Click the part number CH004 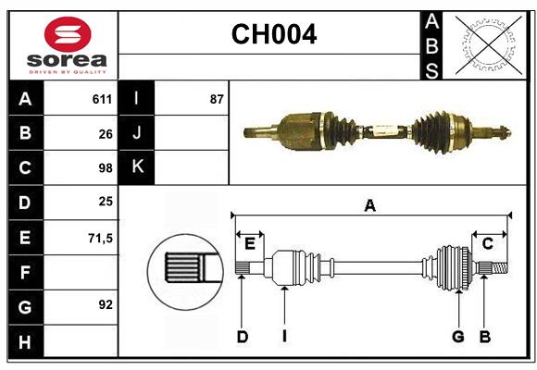[273, 34]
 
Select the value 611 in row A [101, 99]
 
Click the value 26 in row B [105, 133]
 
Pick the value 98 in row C [105, 167]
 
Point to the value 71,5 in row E [99, 238]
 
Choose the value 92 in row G [105, 304]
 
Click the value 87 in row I [217, 99]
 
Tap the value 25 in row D [105, 202]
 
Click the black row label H [25, 341]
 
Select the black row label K [137, 167]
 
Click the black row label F [25, 272]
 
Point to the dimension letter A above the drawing [369, 205]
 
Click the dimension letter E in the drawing [249, 243]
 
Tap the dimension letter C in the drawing [487, 243]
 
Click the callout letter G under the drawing [457, 337]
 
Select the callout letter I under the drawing [284, 337]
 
